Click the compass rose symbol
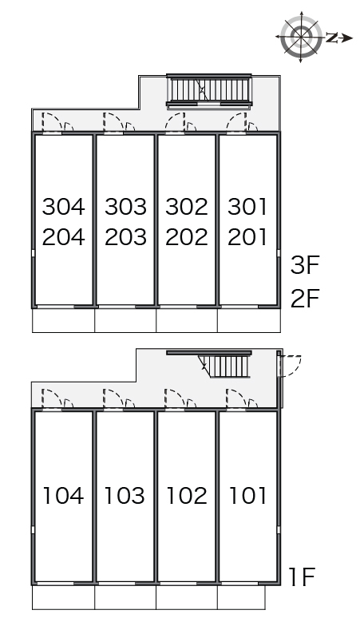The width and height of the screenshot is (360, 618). click(301, 38)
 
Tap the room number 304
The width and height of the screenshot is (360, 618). click(63, 207)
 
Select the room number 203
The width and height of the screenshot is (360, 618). click(125, 237)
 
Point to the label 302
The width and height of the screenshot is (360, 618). click(187, 207)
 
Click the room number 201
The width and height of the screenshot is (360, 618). click(247, 237)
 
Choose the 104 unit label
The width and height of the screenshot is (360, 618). click(63, 495)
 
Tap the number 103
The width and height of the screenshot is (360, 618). click(125, 495)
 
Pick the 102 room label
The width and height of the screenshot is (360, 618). click(186, 495)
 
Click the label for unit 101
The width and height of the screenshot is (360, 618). click(247, 495)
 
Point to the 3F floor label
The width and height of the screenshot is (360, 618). click(304, 265)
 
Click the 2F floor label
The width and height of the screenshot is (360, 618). click(304, 298)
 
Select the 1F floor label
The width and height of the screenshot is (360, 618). click(302, 577)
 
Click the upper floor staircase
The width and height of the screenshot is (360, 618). click(209, 92)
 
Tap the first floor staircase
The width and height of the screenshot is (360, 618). click(224, 365)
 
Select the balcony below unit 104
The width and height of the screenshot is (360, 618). click(63, 597)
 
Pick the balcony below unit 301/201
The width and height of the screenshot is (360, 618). click(249, 320)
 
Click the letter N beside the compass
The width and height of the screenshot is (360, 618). click(332, 38)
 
